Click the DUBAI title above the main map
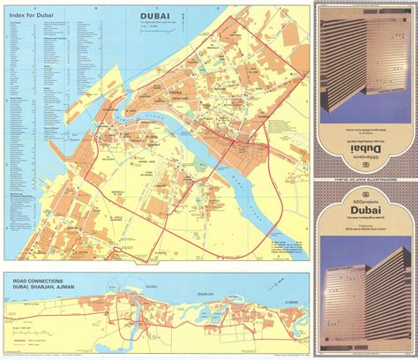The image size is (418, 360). coord(156,14)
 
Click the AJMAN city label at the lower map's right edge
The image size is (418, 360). coord(282,297)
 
